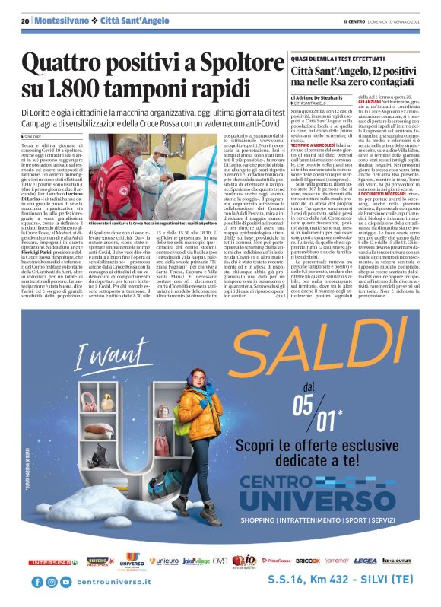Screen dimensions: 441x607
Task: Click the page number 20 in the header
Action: click(x=26, y=21)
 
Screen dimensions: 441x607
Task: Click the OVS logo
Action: click(x=220, y=561)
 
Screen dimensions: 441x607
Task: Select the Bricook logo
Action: click(x=308, y=561)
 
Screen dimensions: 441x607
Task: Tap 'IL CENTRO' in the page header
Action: click(x=356, y=21)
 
